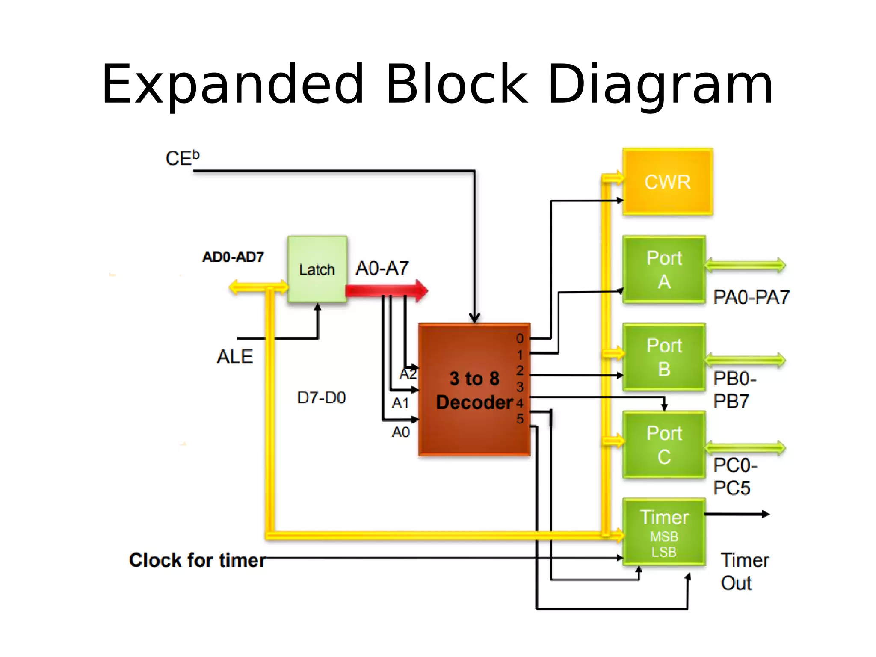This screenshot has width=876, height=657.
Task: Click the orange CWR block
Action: pos(667,182)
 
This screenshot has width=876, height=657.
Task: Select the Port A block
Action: pos(664,269)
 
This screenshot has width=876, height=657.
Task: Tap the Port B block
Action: pos(664,357)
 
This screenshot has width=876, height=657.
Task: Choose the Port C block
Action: pos(664,445)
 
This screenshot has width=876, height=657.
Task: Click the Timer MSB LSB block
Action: pos(664,533)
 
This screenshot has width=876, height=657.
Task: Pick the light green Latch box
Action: pos(317,269)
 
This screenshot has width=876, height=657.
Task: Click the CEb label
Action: pos(182,158)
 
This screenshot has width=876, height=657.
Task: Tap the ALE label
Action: pos(235,357)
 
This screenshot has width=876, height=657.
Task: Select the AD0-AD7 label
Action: pos(233,257)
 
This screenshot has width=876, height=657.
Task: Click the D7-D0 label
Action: pos(321,398)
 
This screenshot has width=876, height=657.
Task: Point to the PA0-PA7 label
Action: pos(751,297)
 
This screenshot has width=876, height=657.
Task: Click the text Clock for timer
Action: pos(197,560)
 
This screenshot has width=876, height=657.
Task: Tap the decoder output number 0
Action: pos(520,339)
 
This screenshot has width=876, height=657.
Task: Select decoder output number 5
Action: pos(520,419)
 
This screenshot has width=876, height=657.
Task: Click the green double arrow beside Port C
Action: pos(745,448)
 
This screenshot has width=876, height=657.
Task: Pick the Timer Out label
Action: pos(744,571)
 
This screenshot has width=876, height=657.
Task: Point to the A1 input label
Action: pos(400,403)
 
